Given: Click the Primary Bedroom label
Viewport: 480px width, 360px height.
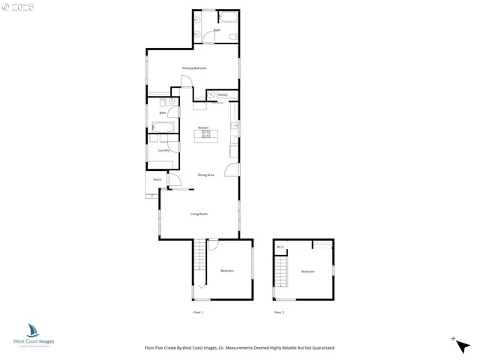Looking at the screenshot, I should [194, 68].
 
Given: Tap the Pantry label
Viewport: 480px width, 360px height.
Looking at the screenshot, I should [223, 95].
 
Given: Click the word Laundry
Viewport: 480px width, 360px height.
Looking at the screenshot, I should [163, 150].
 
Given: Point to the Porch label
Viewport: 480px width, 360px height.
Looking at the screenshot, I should [157, 180].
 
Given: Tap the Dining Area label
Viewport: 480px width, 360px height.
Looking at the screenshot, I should [206, 175].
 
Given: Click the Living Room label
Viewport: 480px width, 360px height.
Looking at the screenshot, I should [199, 214].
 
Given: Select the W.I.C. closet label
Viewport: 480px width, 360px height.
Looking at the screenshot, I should [280, 247].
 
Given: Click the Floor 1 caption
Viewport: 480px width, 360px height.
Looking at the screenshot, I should [198, 311].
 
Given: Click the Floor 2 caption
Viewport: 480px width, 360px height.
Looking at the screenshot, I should [279, 311].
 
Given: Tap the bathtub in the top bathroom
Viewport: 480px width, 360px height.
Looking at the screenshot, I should [226, 17].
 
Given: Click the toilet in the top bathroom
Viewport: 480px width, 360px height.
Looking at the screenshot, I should [233, 35].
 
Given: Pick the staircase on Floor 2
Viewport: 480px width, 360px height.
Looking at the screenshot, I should [281, 271].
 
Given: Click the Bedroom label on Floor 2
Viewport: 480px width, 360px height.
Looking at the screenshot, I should [307, 271].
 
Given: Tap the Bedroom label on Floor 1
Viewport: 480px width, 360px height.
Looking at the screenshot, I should [226, 271].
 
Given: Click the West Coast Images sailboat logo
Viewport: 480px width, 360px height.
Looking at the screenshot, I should [34, 330].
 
